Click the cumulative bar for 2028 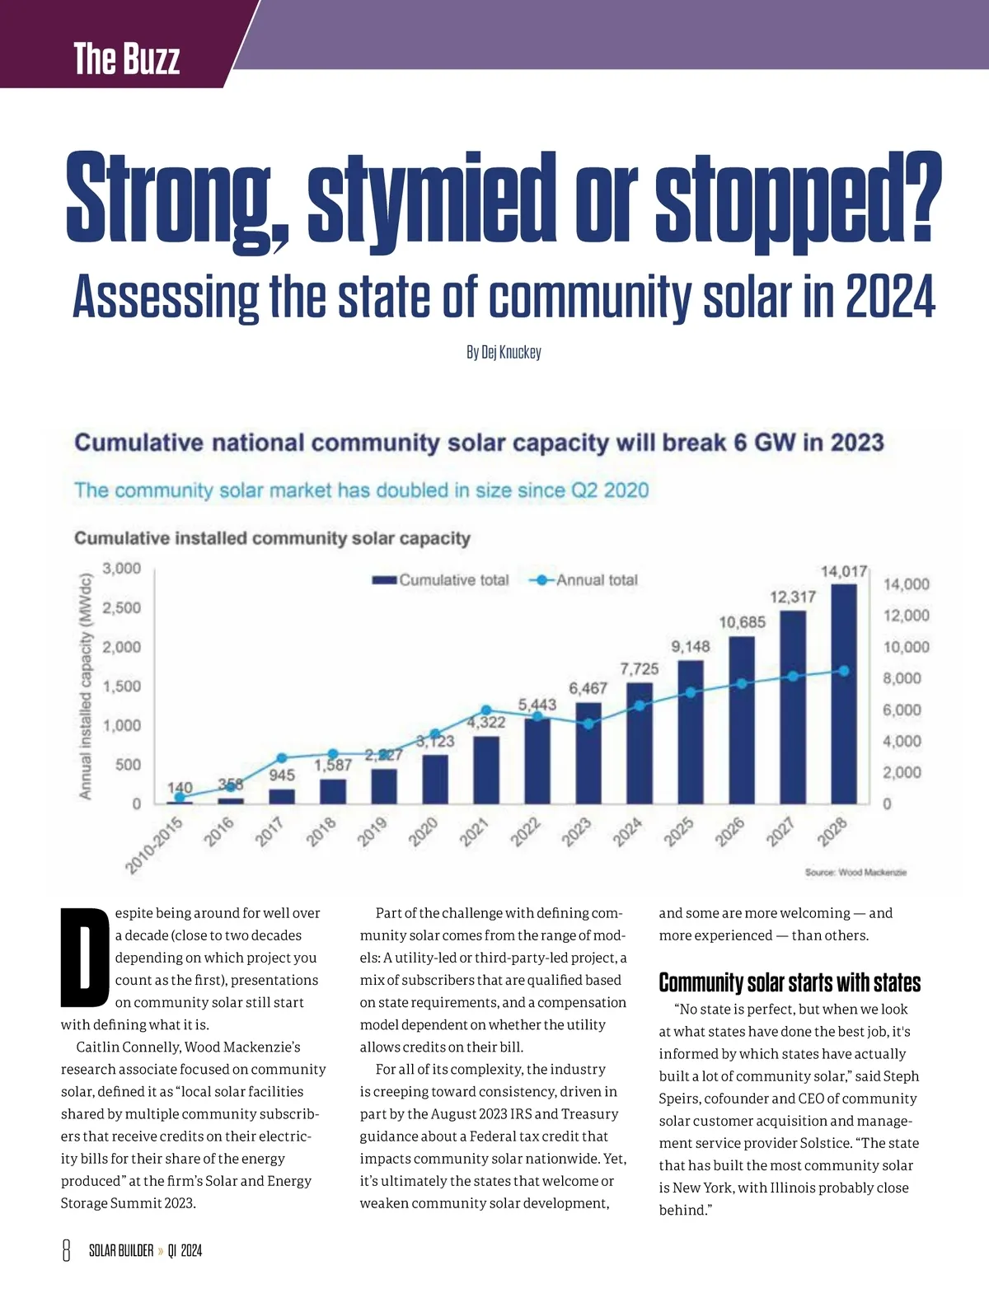(843, 694)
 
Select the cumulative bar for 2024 (640, 743)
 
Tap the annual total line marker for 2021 (486, 710)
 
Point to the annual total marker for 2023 (588, 724)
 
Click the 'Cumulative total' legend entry (441, 580)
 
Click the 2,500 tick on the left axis (121, 607)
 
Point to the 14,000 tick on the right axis (906, 584)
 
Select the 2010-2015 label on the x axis (154, 845)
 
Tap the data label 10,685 (742, 622)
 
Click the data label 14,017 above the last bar (844, 571)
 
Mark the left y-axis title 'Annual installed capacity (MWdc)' (85, 684)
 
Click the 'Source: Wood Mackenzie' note (855, 872)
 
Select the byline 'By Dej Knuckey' (504, 353)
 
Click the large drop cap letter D (85, 957)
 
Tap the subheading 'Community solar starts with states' (790, 982)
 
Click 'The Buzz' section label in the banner (126, 59)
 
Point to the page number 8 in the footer (67, 1250)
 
